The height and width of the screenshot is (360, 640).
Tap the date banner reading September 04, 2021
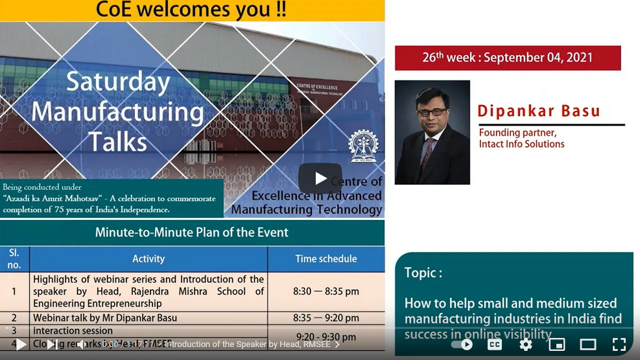[x=508, y=58]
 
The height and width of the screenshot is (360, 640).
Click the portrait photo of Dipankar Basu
[x=432, y=132]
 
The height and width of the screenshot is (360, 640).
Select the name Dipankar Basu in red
[x=539, y=111]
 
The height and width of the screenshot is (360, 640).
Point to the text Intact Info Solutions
[x=521, y=144]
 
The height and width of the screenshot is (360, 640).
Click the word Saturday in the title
[x=118, y=82]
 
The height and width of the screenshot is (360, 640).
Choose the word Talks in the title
[x=117, y=141]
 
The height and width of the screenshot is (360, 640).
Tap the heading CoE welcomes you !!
[x=191, y=10]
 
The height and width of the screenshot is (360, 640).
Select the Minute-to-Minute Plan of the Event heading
[x=191, y=232]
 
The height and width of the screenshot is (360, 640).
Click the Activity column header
[x=149, y=259]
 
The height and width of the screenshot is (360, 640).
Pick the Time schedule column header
[x=326, y=259]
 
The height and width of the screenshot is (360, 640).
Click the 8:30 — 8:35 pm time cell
[x=326, y=291]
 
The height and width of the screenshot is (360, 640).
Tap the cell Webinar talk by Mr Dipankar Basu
[x=105, y=318]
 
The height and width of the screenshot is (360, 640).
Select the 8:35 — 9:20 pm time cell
[x=326, y=318]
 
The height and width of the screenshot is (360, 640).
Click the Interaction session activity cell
[x=73, y=331]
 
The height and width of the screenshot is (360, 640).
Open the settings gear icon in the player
[x=526, y=344]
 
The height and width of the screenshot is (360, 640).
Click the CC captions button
[x=495, y=344]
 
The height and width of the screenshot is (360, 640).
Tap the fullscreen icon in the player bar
[x=619, y=344]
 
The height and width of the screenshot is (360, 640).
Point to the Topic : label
[x=423, y=272]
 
